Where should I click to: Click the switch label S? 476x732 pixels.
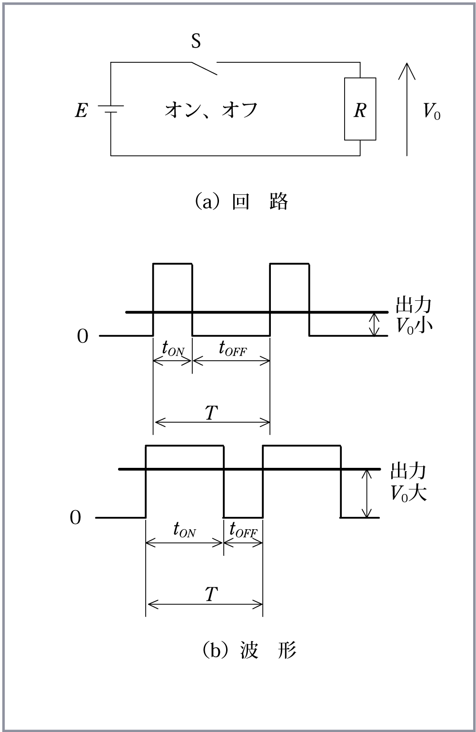196,41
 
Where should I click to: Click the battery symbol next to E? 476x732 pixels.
111,109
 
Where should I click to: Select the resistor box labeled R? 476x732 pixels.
360,109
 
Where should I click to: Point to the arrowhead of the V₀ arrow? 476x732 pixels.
407,63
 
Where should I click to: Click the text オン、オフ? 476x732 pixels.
211,110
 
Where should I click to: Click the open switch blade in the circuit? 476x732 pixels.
204,68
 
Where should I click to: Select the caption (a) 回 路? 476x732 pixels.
242,201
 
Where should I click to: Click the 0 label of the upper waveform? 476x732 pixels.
83,336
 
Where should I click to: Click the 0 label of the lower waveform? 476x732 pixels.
75,518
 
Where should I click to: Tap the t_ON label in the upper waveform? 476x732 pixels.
173,349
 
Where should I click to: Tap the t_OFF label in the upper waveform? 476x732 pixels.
233,348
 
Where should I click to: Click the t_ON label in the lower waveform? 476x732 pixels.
185,530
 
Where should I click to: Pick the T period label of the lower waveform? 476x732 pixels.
211,594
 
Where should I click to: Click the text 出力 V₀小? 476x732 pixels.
414,315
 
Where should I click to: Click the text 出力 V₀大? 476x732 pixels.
409,482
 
